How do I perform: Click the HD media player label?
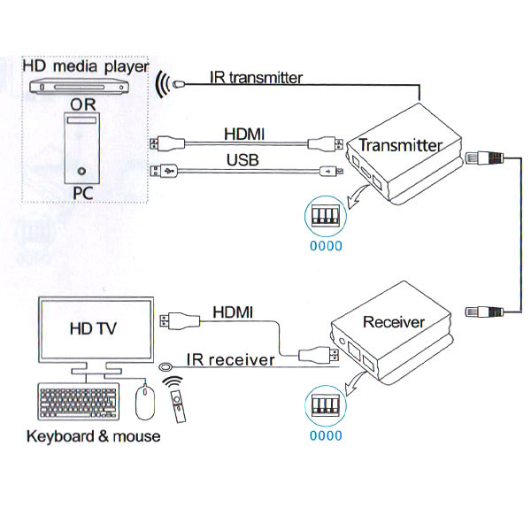83,67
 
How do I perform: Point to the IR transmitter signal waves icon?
163,86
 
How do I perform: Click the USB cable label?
242,160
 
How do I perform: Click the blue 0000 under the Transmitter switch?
325,245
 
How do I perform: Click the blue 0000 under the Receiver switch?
325,435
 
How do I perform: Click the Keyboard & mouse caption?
93,436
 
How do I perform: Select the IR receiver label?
230,361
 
